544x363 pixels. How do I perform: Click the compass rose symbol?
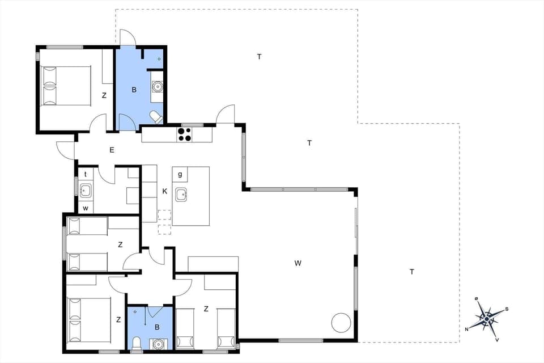(x=487, y=319)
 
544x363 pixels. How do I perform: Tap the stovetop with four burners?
(x=185, y=134)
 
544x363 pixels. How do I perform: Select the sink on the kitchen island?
(x=181, y=195)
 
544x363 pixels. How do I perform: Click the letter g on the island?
(x=180, y=174)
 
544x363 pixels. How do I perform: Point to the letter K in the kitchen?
(x=165, y=192)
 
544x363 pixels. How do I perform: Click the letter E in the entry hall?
(x=112, y=150)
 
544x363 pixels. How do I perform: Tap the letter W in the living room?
(x=297, y=263)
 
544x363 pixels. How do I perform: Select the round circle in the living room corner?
(x=342, y=323)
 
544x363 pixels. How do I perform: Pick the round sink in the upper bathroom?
(x=157, y=87)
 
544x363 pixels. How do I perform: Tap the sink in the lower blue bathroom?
(x=157, y=344)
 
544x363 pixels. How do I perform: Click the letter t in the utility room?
(x=86, y=174)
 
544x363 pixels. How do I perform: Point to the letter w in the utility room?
(x=86, y=208)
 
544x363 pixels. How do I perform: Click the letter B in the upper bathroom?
(x=134, y=90)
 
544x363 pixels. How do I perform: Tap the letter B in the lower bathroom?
(x=157, y=327)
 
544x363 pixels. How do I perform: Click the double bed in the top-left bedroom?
(x=67, y=86)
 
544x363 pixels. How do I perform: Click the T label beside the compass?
(x=412, y=272)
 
